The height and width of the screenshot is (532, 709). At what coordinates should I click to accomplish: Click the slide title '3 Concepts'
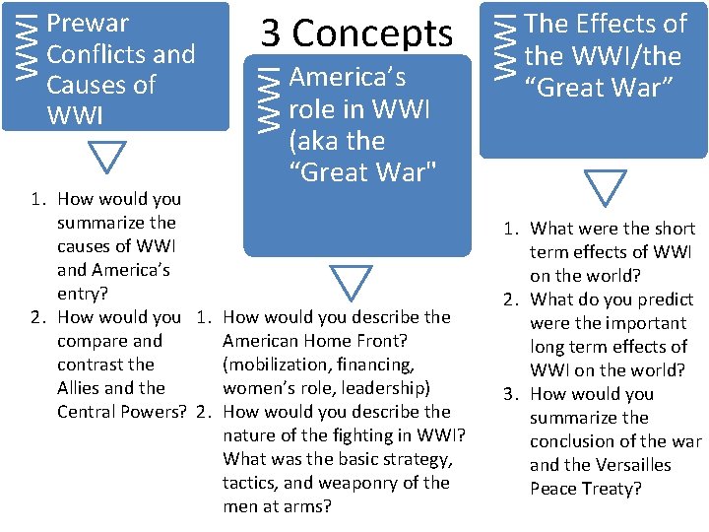pyautogui.click(x=356, y=33)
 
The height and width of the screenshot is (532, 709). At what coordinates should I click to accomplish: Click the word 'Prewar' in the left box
pyautogui.click(x=88, y=23)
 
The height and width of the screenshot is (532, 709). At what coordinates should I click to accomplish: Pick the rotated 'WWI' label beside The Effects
pyautogui.click(x=505, y=40)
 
